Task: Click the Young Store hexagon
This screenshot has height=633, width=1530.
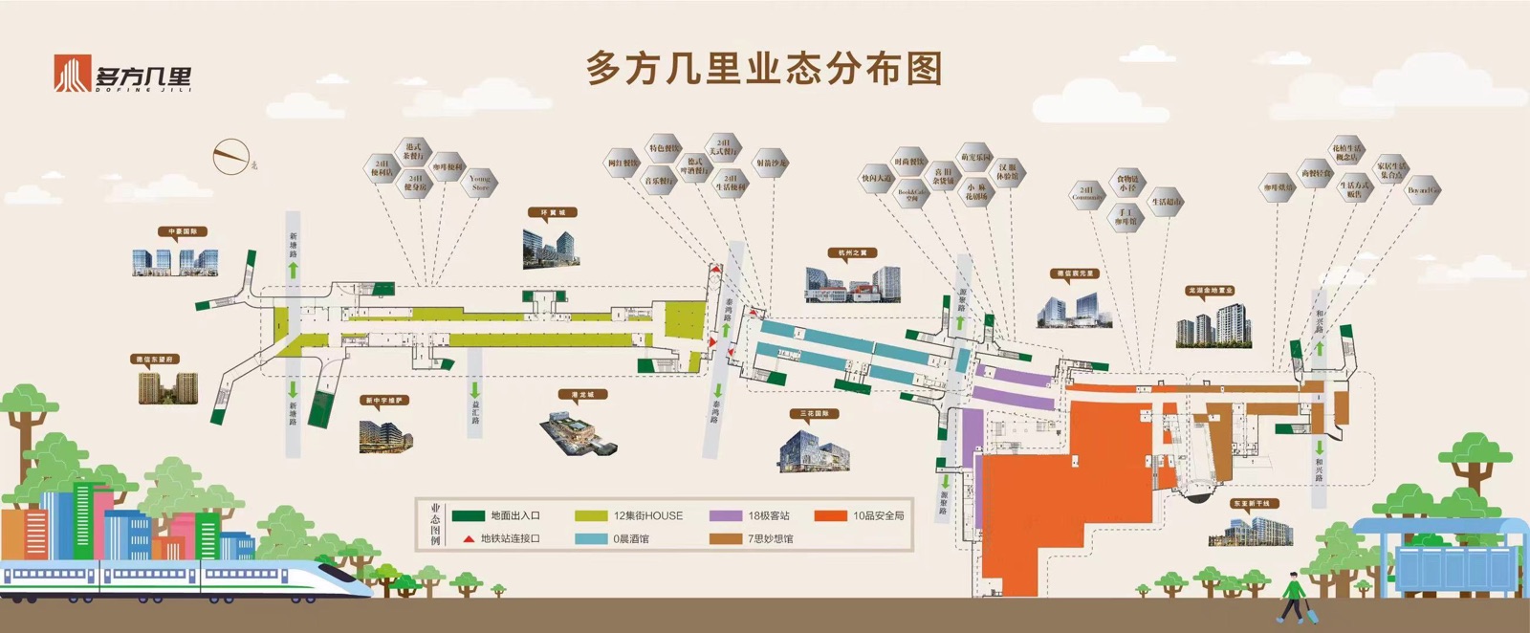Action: click(480, 182)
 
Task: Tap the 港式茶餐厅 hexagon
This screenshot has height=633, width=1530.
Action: click(414, 151)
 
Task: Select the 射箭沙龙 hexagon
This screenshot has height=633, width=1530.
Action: click(771, 163)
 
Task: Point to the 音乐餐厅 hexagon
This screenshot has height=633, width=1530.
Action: click(660, 180)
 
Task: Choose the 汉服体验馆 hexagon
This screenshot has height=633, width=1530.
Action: click(1008, 172)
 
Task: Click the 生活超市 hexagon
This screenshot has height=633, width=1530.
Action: click(1166, 202)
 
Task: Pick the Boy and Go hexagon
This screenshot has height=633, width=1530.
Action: click(1423, 190)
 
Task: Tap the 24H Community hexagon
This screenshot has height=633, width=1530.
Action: click(1087, 194)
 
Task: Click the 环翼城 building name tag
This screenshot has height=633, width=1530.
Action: click(553, 212)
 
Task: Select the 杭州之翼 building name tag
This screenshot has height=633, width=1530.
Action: click(852, 253)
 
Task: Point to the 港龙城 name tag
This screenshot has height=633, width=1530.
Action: click(583, 394)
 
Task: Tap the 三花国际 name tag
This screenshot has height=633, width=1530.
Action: click(815, 414)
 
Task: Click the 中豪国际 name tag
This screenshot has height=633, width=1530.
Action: click(183, 231)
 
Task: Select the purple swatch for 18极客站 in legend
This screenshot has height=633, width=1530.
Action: click(726, 515)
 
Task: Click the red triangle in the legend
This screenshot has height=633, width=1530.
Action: click(468, 539)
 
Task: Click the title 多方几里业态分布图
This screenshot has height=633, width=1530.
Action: click(764, 70)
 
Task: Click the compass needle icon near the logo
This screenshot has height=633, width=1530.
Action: click(229, 155)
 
